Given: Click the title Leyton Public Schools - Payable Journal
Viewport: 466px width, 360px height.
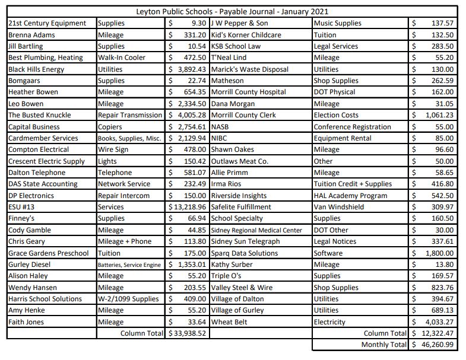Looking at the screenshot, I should (x=232, y=11).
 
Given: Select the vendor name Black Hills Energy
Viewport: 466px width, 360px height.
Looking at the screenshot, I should (x=36, y=69).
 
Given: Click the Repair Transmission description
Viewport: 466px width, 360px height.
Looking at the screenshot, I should (x=130, y=115).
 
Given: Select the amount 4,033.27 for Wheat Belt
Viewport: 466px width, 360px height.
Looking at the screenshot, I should (x=438, y=322).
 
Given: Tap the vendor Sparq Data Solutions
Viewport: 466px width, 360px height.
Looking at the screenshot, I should (x=244, y=253).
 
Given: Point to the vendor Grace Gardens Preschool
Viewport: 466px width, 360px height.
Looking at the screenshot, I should (x=48, y=253).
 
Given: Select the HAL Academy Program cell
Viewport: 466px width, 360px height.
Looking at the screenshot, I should (x=350, y=196).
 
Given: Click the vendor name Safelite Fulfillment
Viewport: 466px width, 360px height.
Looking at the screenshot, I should (x=240, y=207).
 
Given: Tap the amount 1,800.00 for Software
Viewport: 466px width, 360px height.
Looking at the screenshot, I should (x=438, y=253).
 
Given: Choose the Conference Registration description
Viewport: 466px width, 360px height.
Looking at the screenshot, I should (x=352, y=127).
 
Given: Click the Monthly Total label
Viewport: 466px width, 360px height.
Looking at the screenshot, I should (x=383, y=345).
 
